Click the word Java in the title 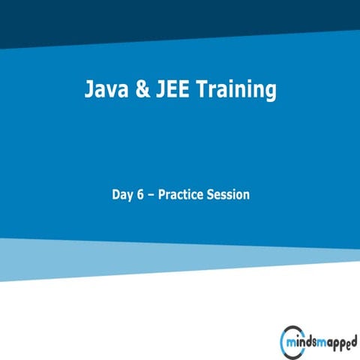click(x=105, y=91)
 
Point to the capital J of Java click(x=88, y=91)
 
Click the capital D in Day click(x=115, y=194)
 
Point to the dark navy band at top click(x=180, y=19)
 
